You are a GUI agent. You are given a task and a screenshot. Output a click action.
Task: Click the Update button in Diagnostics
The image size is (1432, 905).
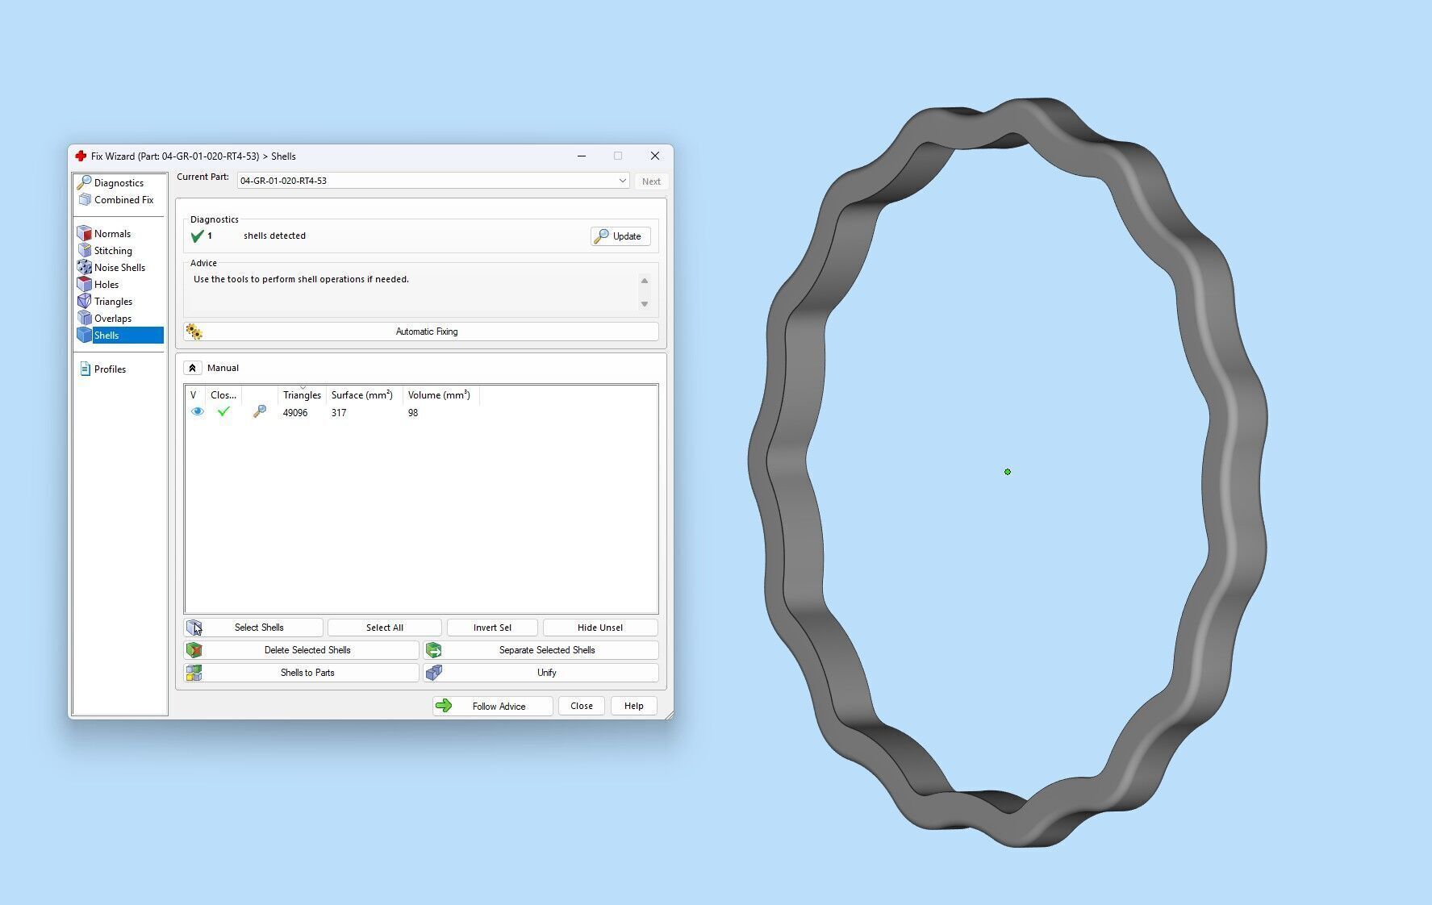(620, 236)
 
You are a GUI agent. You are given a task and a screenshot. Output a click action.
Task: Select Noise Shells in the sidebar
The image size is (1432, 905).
(119, 268)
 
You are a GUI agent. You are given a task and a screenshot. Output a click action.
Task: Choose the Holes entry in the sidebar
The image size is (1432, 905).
(106, 285)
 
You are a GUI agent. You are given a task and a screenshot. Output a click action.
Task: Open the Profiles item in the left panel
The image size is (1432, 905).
(110, 369)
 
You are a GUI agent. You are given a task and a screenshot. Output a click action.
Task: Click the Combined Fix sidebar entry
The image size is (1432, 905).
(123, 200)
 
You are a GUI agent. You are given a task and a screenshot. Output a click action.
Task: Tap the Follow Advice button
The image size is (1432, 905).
(492, 707)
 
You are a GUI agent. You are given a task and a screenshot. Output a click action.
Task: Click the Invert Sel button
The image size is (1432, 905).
(492, 628)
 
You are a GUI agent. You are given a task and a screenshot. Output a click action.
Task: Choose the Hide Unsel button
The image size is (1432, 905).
(599, 628)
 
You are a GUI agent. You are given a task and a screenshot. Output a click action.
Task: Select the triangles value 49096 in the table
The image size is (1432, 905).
(295, 413)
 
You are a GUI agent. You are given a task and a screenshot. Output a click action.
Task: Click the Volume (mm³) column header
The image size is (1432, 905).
(439, 395)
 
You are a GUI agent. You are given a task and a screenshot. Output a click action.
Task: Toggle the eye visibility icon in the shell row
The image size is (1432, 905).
(198, 412)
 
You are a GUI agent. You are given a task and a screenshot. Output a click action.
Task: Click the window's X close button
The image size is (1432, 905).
(655, 156)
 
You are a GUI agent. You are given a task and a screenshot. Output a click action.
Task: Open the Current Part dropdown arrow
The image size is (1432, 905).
(622, 181)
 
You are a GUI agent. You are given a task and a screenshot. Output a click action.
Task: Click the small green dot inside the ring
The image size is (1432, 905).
(1008, 472)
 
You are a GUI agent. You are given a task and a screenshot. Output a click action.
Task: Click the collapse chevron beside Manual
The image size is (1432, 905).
(192, 368)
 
